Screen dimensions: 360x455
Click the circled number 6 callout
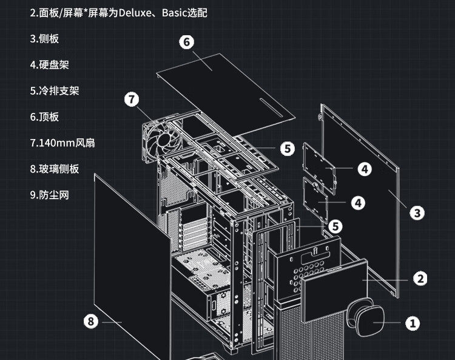click(186, 42)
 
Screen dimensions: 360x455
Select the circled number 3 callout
click(416, 212)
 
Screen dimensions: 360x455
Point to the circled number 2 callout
click(419, 279)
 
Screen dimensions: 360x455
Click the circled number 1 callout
click(413, 323)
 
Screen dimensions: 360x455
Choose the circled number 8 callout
click(91, 322)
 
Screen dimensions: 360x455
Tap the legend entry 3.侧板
click(45, 38)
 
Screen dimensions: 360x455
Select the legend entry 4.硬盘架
click(49, 64)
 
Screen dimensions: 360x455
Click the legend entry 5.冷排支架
click(55, 90)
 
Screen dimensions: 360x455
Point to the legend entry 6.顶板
click(45, 117)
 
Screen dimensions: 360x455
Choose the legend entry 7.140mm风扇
click(62, 143)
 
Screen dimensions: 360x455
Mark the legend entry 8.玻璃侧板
click(55, 169)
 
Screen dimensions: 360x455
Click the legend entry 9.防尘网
click(50, 195)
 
